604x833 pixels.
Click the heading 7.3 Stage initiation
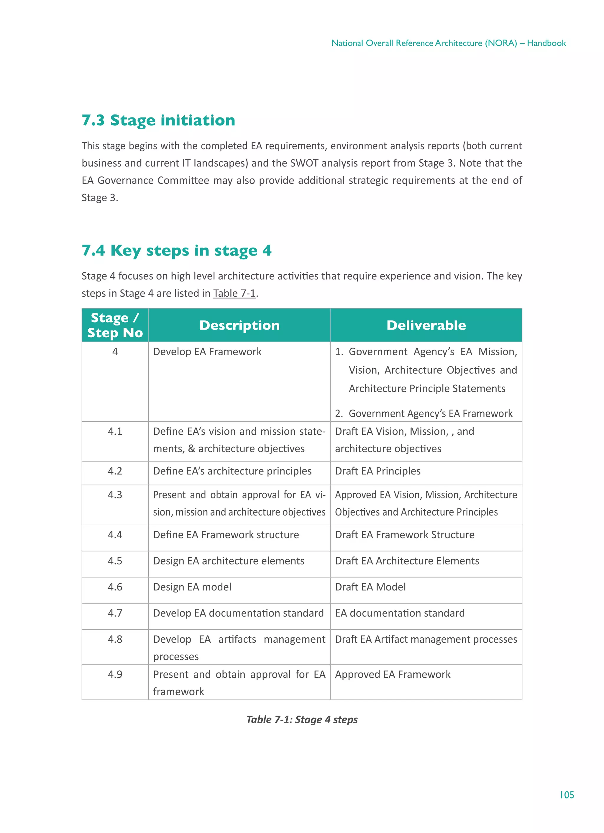(158, 120)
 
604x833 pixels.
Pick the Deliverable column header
(426, 325)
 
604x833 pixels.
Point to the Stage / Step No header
(115, 325)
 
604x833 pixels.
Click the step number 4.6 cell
(115, 587)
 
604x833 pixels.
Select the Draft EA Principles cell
(377, 471)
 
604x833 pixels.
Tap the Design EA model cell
(192, 587)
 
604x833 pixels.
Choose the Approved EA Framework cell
(393, 674)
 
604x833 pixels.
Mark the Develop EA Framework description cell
(207, 351)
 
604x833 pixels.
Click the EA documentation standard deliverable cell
(400, 613)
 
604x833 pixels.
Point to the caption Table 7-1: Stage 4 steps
(302, 719)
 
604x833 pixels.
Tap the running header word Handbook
(546, 43)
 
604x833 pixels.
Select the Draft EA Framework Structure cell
(405, 534)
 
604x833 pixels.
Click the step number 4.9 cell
(115, 674)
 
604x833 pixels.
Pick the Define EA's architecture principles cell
(232, 471)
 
